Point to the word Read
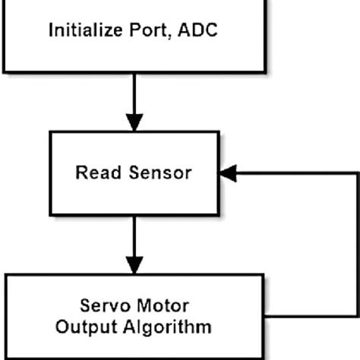coord(93,172)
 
